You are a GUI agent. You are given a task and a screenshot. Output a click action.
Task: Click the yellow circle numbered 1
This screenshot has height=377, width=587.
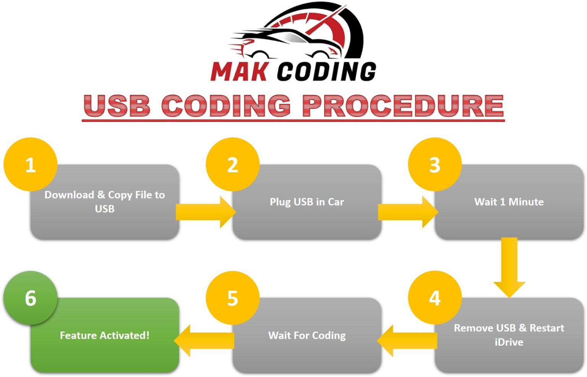coord(31,165)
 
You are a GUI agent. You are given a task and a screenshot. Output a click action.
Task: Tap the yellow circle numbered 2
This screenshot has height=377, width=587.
coord(233,165)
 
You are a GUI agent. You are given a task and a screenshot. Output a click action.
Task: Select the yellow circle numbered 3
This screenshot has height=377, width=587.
coord(435,165)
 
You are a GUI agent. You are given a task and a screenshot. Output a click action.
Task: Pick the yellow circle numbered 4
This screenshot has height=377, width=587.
coord(435,298)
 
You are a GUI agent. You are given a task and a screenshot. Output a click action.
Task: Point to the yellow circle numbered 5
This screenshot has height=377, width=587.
coord(233,298)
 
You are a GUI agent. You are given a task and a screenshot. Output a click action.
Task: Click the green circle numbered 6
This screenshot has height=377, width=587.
coord(31,298)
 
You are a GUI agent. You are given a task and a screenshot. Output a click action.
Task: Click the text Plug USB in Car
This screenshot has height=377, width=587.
coord(307,202)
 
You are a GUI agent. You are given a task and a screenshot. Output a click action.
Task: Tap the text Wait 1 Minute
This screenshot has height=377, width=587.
coord(509,202)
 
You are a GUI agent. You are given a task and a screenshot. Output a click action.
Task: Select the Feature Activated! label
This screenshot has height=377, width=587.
coord(105,335)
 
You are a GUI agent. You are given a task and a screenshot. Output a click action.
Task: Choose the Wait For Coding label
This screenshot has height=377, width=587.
coord(307,335)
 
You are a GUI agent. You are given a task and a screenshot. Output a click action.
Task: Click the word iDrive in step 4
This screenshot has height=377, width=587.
coord(509,342)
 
